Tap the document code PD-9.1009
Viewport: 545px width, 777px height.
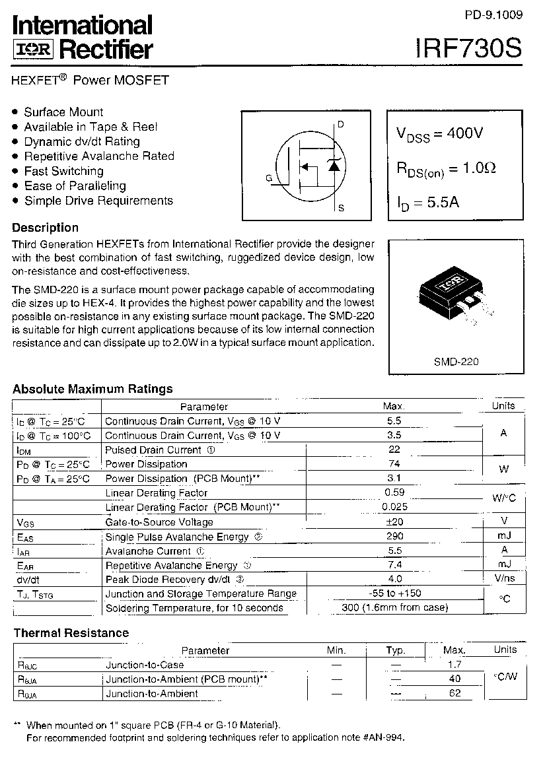pyautogui.click(x=493, y=14)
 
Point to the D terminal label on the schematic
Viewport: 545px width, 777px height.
pyautogui.click(x=341, y=124)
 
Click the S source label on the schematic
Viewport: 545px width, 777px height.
pyautogui.click(x=341, y=209)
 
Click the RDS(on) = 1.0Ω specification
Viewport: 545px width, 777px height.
pyautogui.click(x=446, y=169)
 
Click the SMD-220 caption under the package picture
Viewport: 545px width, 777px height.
pyautogui.click(x=456, y=362)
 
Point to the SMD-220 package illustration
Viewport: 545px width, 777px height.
pyautogui.click(x=455, y=295)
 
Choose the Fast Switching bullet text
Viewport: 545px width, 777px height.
pyautogui.click(x=63, y=171)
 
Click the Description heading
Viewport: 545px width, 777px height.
pyautogui.click(x=46, y=228)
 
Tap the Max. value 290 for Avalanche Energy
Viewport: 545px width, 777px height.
pyautogui.click(x=394, y=536)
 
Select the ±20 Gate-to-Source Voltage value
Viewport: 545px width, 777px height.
pyautogui.click(x=394, y=522)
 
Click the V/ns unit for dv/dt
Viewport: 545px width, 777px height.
pyautogui.click(x=504, y=579)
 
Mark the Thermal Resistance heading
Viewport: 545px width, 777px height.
pyautogui.click(x=71, y=633)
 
